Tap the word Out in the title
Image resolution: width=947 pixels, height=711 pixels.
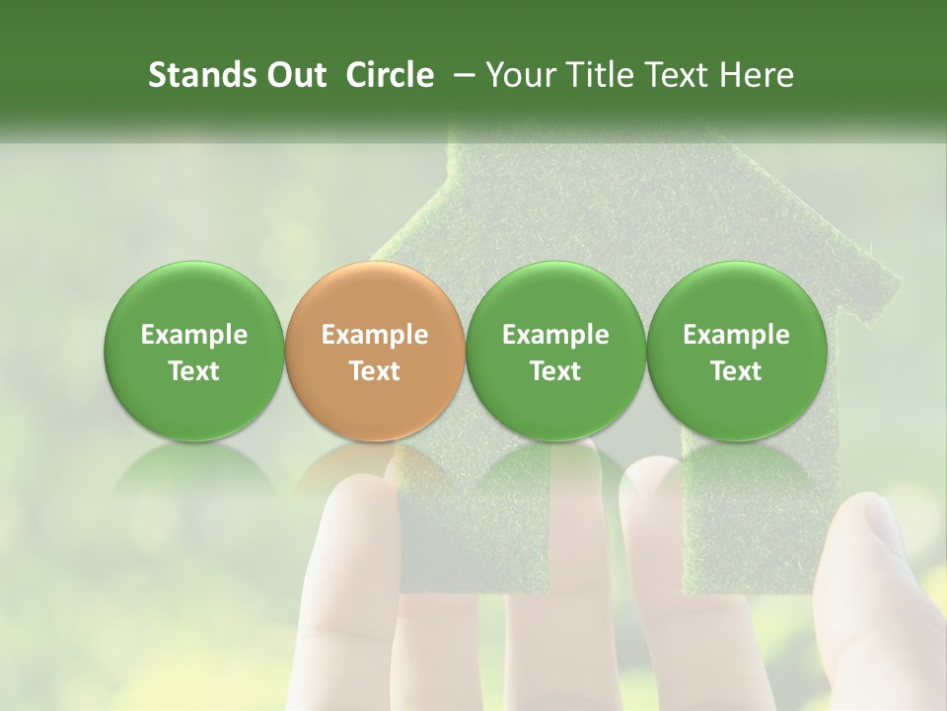[295, 75]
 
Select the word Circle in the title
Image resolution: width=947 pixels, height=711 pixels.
[390, 75]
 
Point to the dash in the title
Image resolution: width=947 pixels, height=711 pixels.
[461, 75]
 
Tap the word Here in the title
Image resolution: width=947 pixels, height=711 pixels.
[759, 75]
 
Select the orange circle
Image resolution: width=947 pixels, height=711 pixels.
[374, 351]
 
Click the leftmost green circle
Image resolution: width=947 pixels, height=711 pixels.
[193, 351]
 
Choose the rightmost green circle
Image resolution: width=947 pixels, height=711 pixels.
[736, 351]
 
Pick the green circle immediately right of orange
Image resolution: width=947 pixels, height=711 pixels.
[555, 351]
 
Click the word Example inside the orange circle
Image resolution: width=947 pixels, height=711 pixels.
[375, 335]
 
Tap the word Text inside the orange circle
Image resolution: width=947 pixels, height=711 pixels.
[375, 371]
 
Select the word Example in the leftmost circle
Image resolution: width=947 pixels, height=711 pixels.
[194, 335]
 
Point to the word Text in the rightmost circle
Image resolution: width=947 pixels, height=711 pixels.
[736, 371]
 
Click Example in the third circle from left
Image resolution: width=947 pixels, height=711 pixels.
[555, 335]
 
